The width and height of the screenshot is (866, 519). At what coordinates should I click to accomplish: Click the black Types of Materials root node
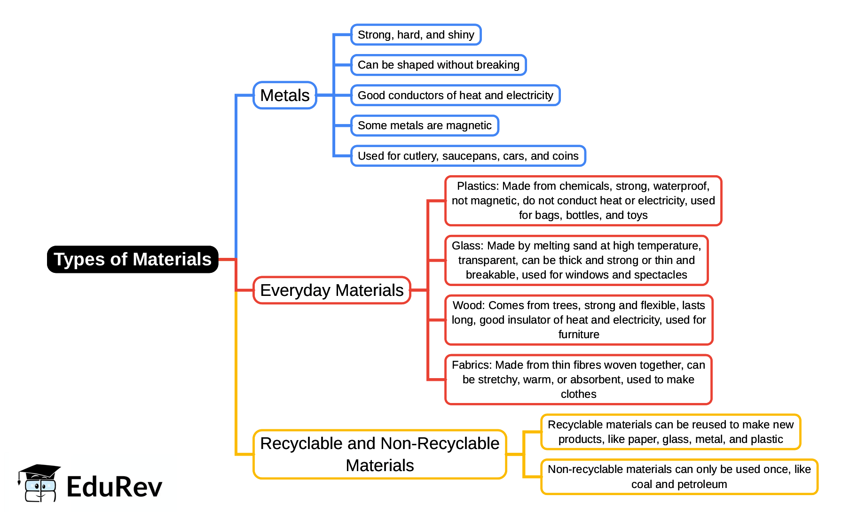(133, 259)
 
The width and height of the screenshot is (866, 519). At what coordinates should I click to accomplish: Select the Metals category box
(284, 95)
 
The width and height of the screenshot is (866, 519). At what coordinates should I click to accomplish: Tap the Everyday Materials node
(331, 290)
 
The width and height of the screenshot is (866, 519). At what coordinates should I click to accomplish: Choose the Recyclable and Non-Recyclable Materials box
(379, 454)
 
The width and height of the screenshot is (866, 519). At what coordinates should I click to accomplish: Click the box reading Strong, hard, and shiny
(416, 35)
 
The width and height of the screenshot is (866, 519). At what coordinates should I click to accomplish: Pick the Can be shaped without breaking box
(438, 65)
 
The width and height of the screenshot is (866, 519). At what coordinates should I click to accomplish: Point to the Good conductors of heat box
(455, 95)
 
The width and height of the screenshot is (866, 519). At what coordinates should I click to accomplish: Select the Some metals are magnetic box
(424, 125)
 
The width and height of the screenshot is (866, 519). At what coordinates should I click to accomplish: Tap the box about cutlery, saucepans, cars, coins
(468, 156)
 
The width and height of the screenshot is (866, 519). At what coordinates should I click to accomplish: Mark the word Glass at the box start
(466, 246)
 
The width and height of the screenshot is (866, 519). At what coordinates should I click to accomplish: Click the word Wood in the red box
(468, 305)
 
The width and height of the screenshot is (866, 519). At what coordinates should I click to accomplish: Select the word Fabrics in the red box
(471, 365)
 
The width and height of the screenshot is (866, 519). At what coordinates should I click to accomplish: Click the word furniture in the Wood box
(579, 334)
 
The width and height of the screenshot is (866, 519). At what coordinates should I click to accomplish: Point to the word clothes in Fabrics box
(578, 394)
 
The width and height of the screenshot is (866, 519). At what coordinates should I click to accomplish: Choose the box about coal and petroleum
(679, 477)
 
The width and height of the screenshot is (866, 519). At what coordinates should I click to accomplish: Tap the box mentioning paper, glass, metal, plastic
(670, 432)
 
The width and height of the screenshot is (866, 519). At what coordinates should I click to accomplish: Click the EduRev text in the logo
(114, 487)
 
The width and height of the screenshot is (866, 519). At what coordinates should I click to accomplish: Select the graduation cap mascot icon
(39, 483)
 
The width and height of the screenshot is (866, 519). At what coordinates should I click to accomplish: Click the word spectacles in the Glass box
(662, 275)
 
